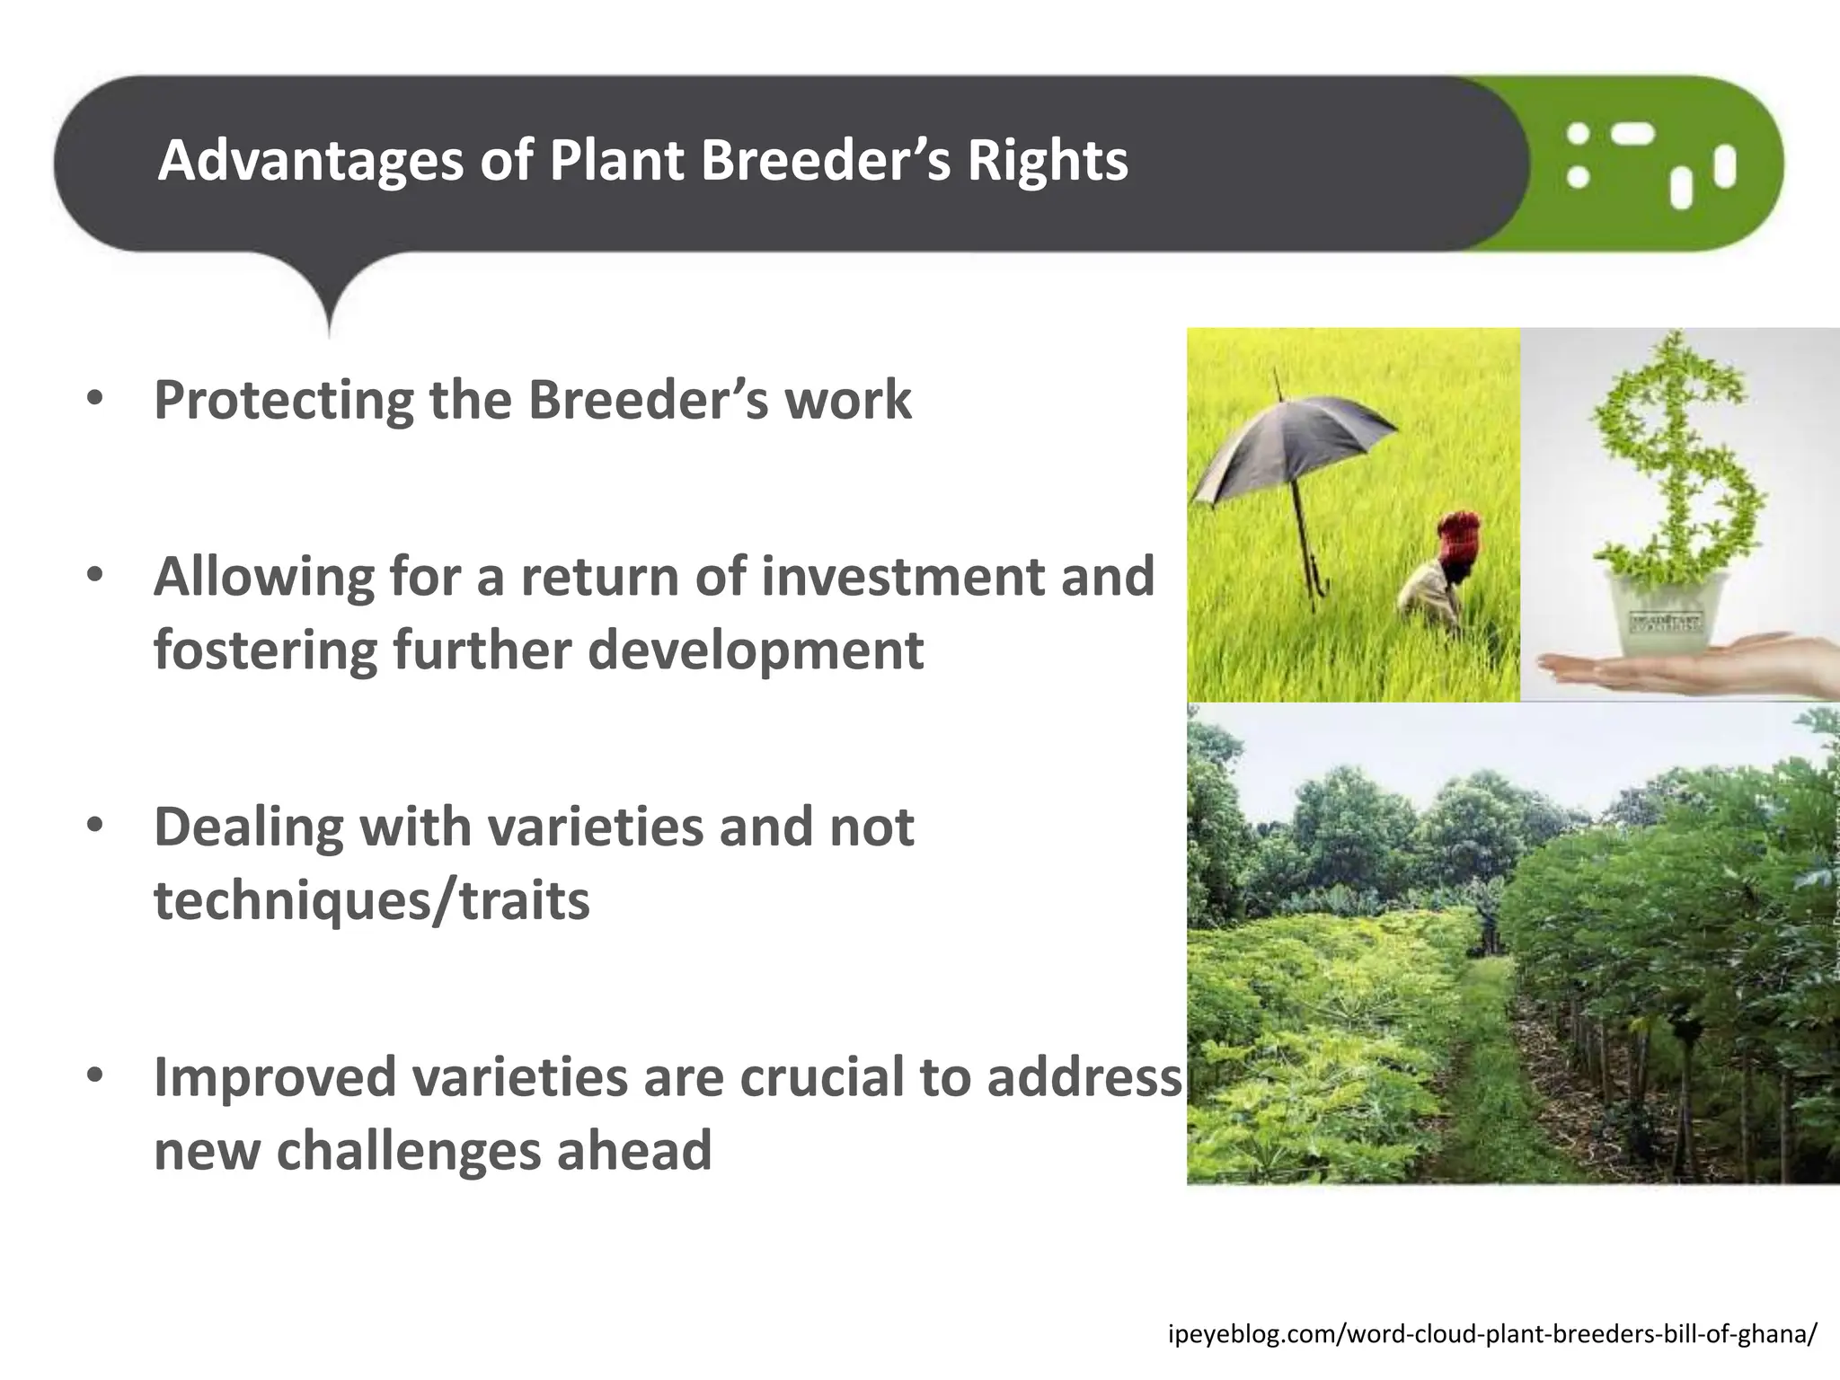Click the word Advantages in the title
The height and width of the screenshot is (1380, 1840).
tap(311, 161)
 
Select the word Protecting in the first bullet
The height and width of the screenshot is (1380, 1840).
tap(284, 400)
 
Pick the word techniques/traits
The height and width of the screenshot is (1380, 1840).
tap(372, 900)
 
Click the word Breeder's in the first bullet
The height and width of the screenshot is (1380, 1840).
tap(647, 400)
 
